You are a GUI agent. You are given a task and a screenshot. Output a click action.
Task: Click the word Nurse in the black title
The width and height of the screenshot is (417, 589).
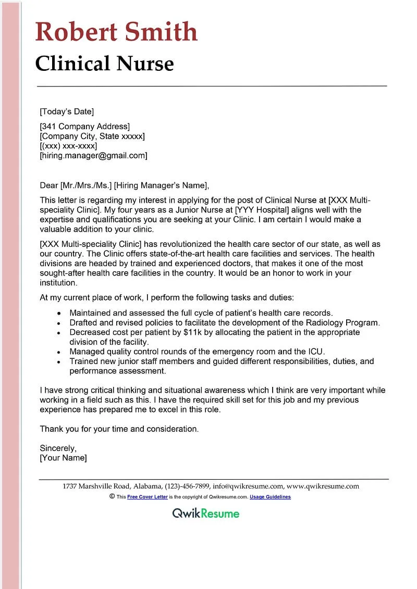point(145,64)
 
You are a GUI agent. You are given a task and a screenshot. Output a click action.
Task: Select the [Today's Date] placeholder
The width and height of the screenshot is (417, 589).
point(67,111)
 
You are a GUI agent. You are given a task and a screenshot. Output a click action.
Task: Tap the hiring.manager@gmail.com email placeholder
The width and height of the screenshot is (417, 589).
point(94,156)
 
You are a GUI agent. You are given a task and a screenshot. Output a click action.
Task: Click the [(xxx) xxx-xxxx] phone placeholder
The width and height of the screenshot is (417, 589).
point(68,146)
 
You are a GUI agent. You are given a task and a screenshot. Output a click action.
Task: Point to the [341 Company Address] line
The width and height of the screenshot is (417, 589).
point(85,126)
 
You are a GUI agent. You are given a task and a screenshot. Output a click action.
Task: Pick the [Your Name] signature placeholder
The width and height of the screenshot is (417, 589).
point(64,458)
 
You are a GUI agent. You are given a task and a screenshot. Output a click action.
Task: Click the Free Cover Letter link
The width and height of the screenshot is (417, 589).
point(148,497)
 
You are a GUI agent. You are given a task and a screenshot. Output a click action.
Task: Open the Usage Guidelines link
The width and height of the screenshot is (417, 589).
point(270,497)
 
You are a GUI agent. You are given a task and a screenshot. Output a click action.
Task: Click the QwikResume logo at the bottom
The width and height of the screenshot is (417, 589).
point(206,513)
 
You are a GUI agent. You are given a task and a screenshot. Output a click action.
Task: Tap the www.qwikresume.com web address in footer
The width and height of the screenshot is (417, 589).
point(323,486)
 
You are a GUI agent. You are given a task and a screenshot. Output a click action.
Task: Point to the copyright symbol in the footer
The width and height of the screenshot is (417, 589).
point(112,497)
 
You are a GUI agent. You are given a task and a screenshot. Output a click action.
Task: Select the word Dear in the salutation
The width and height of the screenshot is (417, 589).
point(49,185)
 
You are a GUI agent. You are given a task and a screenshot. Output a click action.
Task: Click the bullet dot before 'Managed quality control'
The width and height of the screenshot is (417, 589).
point(59,352)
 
